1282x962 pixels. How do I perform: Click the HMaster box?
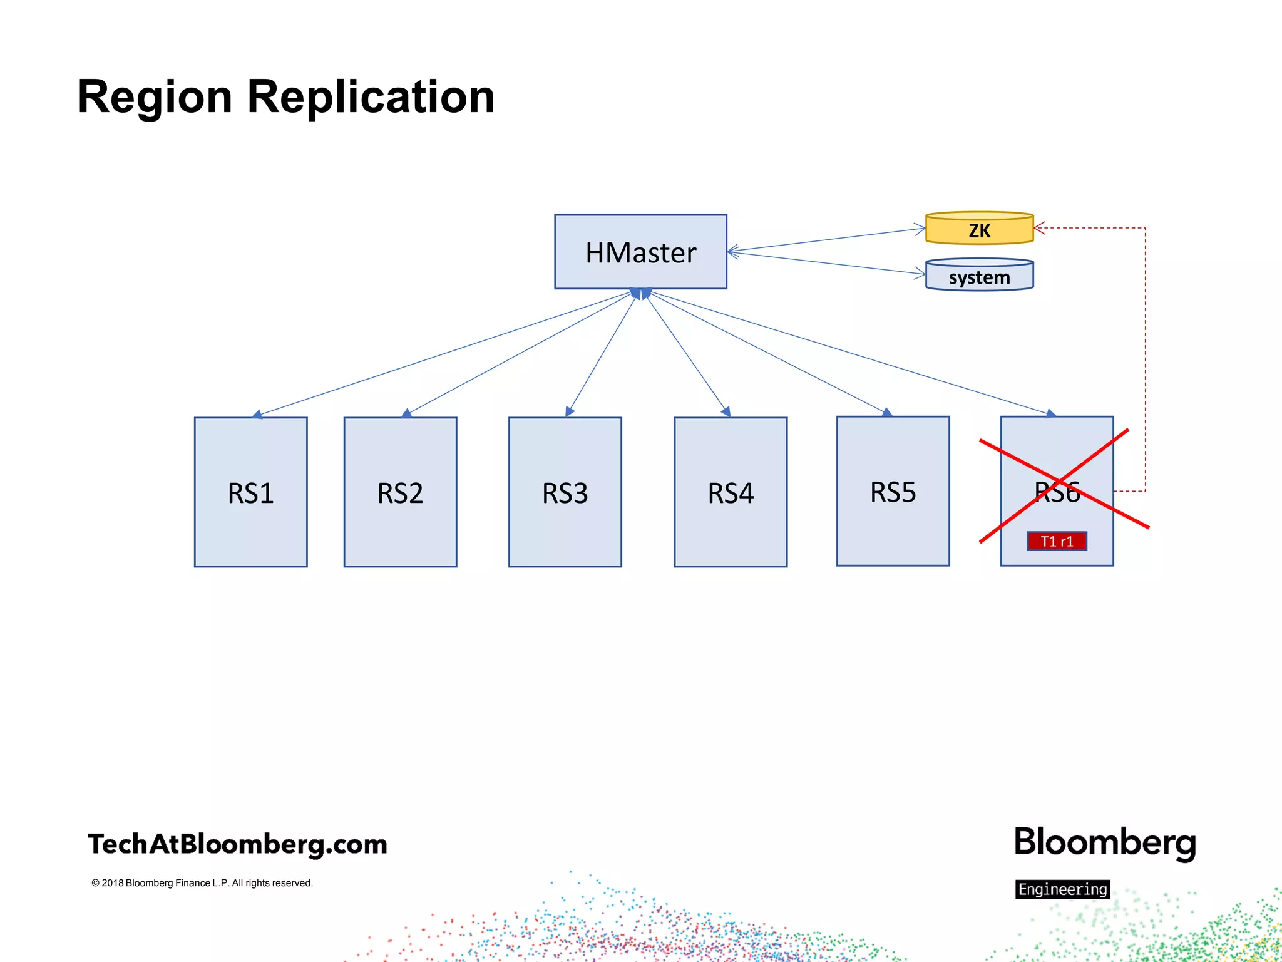tap(640, 252)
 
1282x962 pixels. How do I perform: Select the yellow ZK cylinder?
tap(979, 229)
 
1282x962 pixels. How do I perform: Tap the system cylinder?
tap(979, 276)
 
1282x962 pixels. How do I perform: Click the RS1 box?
tap(250, 492)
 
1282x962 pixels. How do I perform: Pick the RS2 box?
tap(400, 492)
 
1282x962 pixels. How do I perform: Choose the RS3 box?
tap(565, 492)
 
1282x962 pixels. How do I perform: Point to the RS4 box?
tap(731, 492)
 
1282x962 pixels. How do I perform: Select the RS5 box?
tap(893, 492)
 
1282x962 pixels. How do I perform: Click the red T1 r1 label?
tap(1057, 541)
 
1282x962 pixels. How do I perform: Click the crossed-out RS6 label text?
tap(1057, 492)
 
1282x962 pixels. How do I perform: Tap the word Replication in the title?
tap(371, 97)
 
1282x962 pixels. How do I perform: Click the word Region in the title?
tap(155, 97)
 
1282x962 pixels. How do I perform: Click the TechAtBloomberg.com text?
tap(237, 844)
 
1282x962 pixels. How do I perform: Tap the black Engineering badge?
tap(1062, 889)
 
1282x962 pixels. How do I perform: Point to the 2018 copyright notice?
tap(202, 883)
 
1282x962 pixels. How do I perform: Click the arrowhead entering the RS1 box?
tap(257, 415)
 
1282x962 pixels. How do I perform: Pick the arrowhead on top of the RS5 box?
tap(887, 412)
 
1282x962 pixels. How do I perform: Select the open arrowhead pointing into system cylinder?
tap(920, 273)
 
